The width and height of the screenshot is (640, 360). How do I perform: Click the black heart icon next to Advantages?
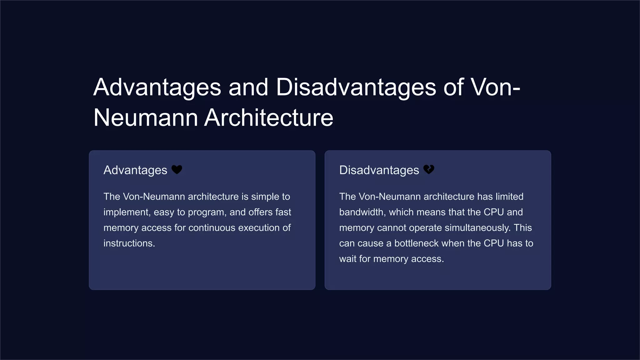point(177,170)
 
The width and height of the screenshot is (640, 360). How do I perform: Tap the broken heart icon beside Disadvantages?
point(429,169)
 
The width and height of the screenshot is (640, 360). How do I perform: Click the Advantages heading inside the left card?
point(135,170)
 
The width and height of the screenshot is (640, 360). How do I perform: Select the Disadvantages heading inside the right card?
point(379,170)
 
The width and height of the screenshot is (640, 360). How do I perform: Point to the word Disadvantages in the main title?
point(356,87)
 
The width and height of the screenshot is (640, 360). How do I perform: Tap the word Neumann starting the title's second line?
point(146,118)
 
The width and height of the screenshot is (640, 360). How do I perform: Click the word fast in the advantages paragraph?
point(283,212)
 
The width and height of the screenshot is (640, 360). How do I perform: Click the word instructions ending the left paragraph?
point(129,243)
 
